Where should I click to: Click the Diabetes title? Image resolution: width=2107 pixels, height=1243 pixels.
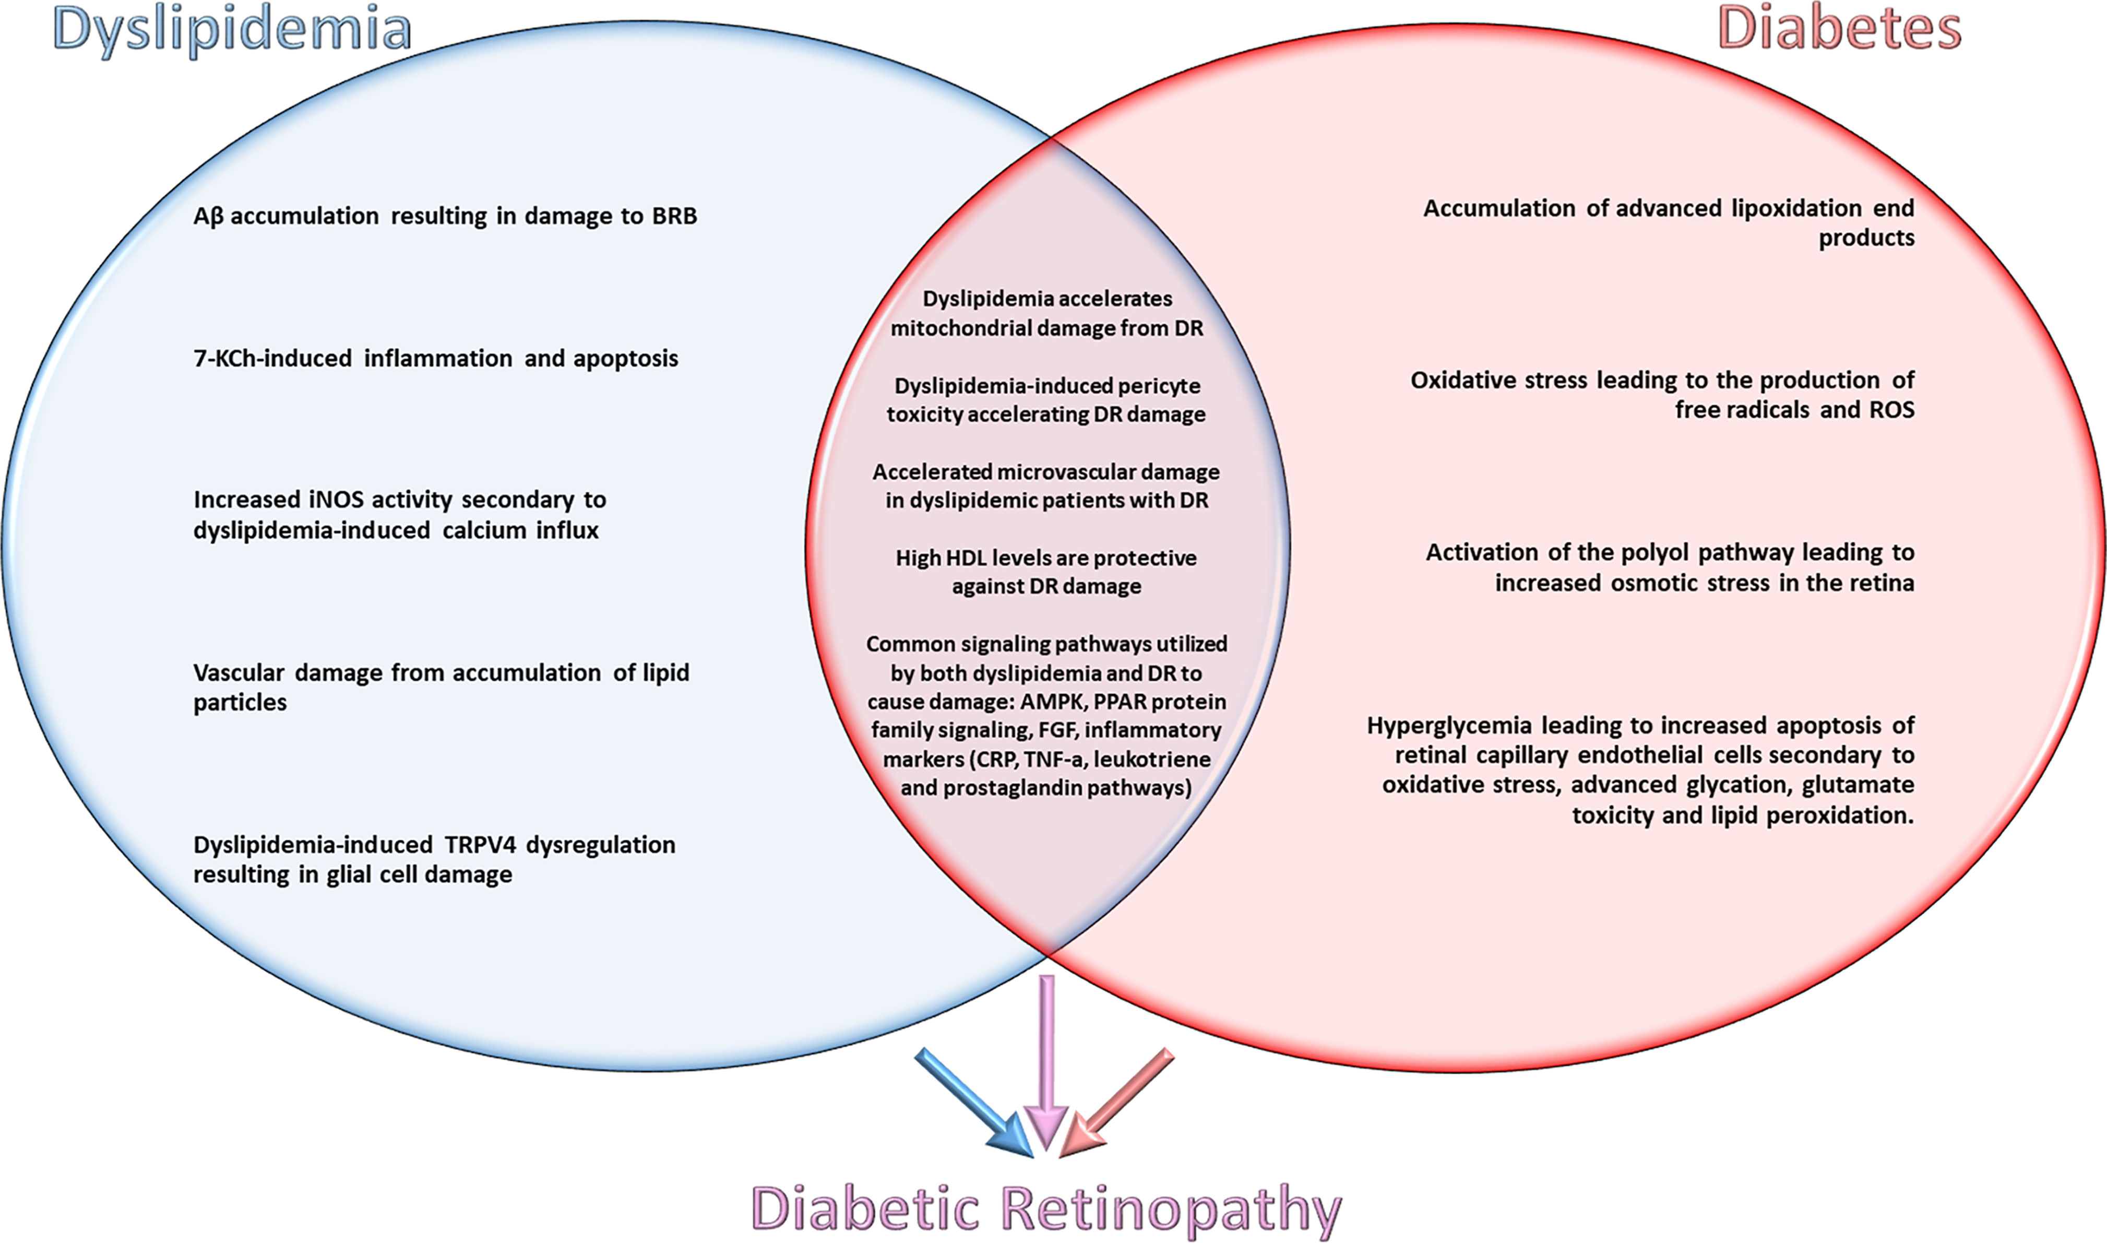(1839, 30)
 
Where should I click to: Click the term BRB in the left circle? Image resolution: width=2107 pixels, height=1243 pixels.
(673, 216)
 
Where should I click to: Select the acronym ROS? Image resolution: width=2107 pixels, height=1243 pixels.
(1889, 410)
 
